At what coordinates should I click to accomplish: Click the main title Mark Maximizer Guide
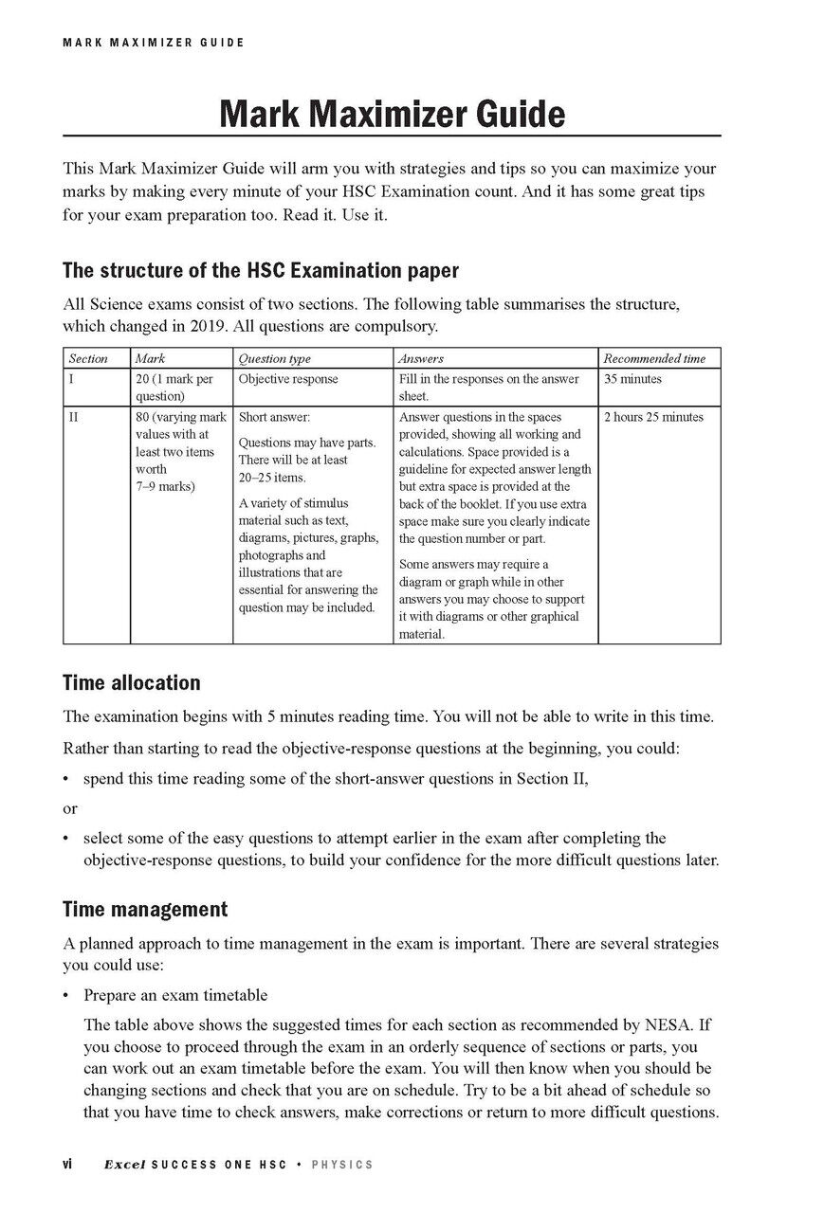click(x=392, y=115)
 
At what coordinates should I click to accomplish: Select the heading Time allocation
click(x=132, y=682)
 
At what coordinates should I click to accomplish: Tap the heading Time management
click(x=145, y=910)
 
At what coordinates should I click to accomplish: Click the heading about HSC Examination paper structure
click(x=260, y=270)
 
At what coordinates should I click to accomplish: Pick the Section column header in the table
click(x=88, y=359)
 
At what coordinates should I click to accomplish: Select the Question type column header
click(x=274, y=359)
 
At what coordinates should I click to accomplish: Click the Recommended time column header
click(x=654, y=359)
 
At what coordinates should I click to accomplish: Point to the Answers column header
click(x=421, y=359)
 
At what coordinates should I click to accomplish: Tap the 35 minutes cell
click(x=632, y=379)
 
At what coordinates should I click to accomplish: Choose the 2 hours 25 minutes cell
click(x=653, y=417)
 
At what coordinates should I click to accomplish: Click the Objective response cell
click(x=288, y=379)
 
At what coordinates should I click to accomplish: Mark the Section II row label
click(x=73, y=417)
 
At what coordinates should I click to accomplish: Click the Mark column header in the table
click(x=151, y=359)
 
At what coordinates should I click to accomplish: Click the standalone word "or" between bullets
click(x=69, y=808)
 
